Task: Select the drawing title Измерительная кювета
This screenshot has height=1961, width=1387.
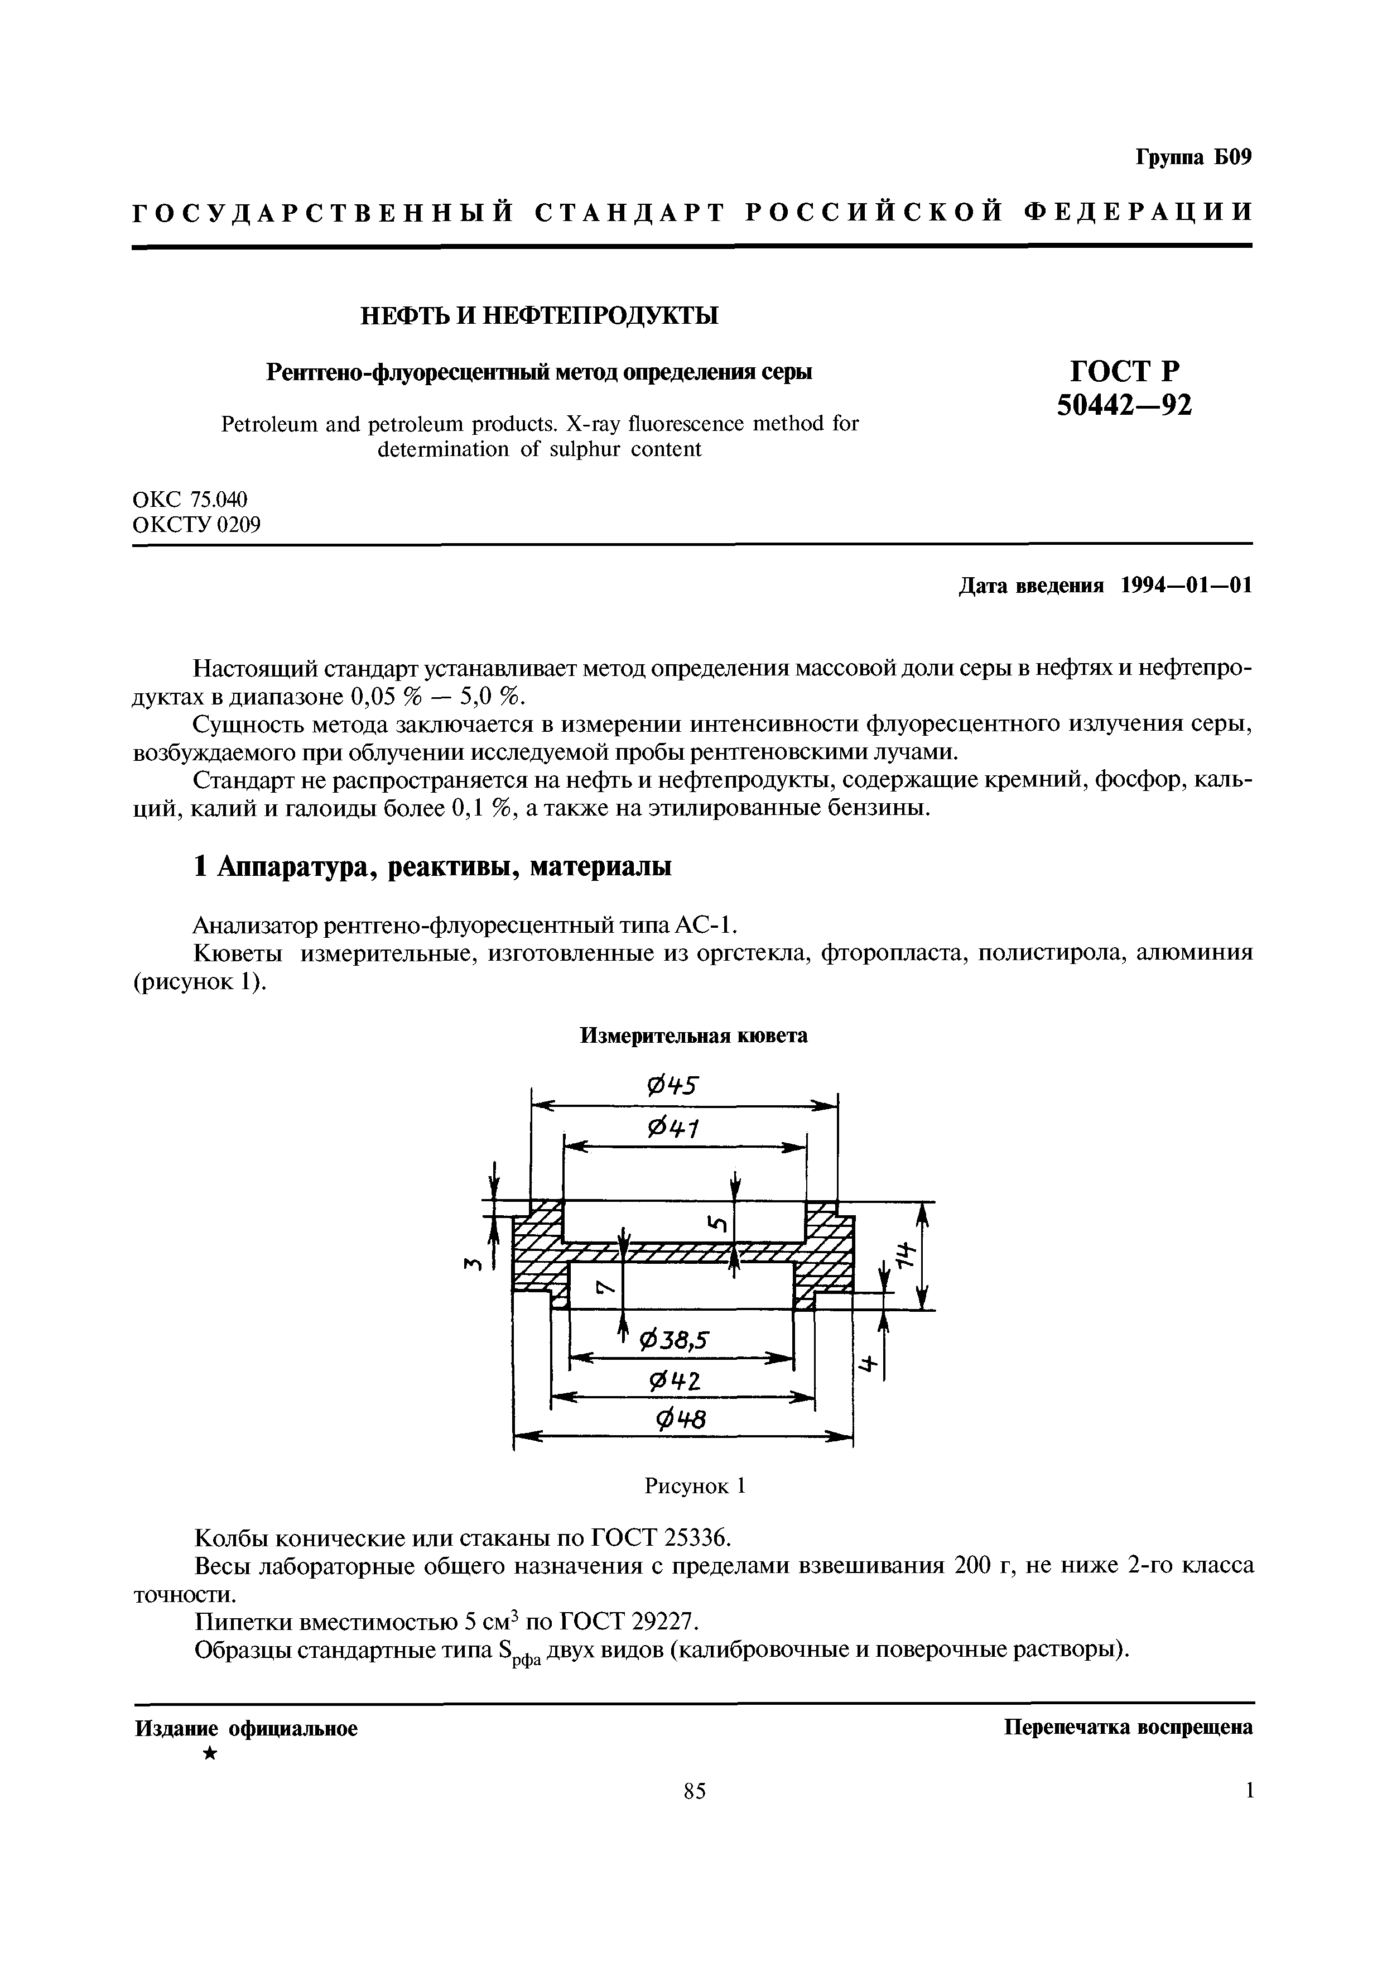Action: coord(693,1035)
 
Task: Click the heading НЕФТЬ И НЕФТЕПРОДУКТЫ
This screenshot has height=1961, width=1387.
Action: coord(539,316)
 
